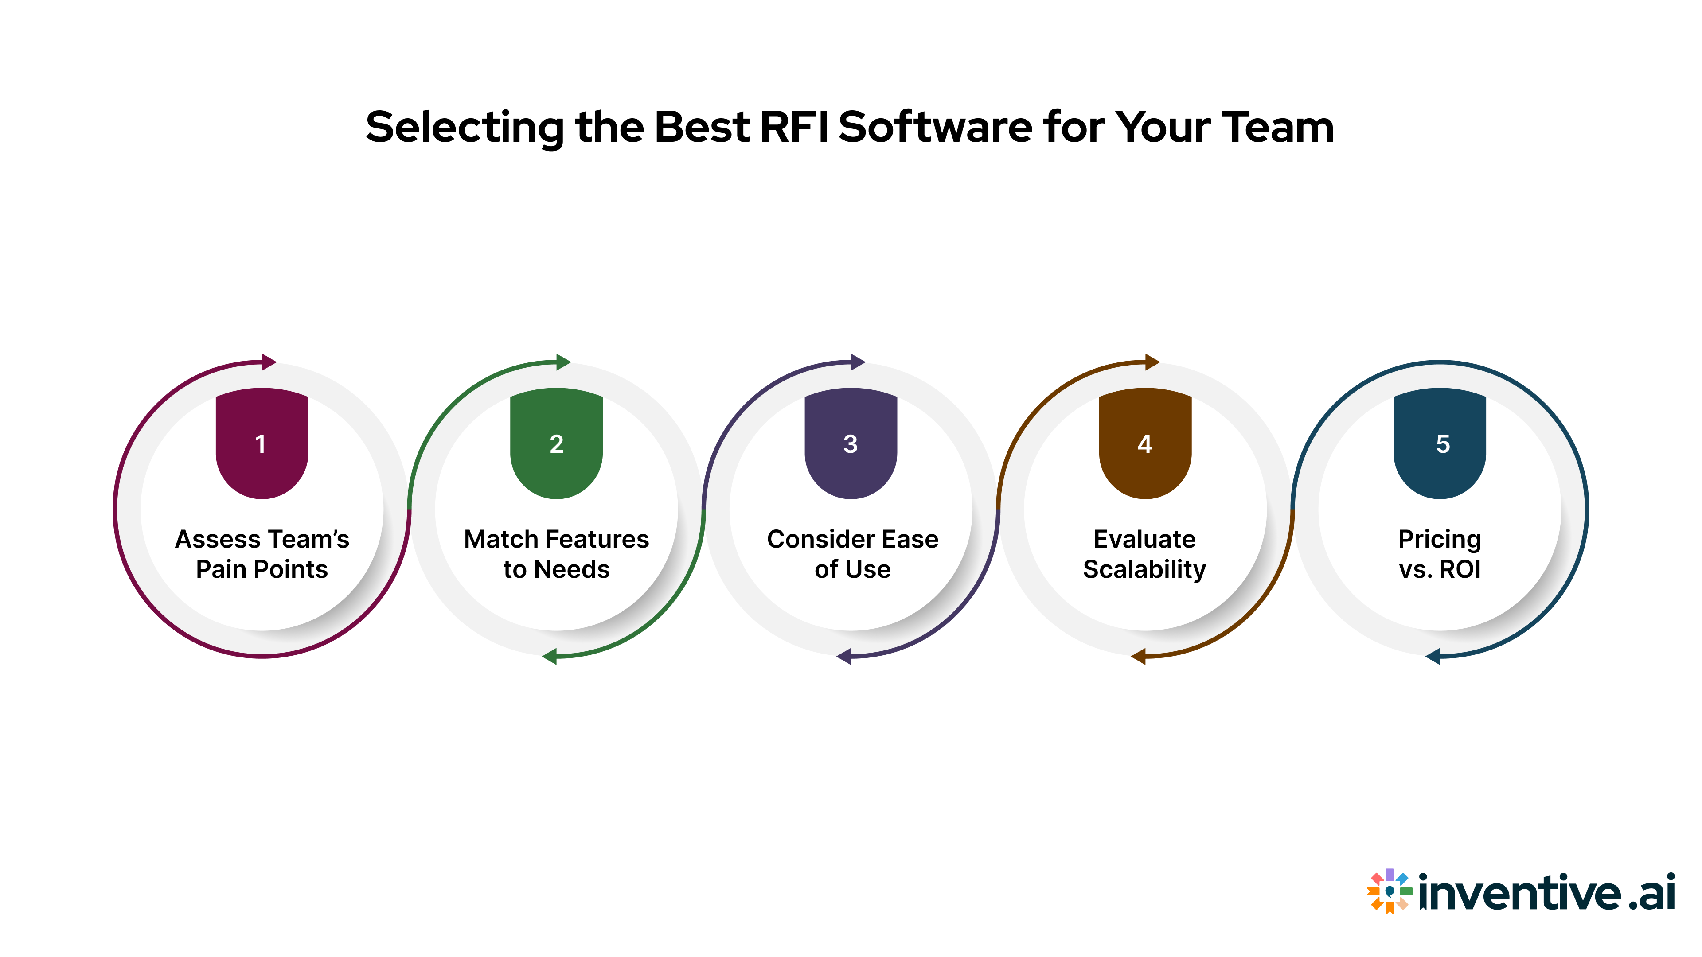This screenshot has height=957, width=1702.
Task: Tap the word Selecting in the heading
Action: (465, 128)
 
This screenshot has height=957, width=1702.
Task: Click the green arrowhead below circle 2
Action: (550, 657)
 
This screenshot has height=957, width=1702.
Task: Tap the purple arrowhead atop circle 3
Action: (858, 362)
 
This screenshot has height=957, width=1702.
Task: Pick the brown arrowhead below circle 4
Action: (1138, 657)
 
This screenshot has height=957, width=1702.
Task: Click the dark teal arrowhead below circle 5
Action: (1433, 657)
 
